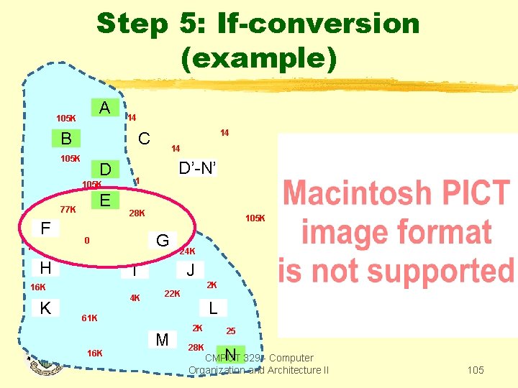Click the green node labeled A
click(104, 108)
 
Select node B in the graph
click(65, 138)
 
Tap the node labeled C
click(144, 138)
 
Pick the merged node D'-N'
click(197, 168)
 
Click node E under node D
click(104, 200)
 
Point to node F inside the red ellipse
click(45, 228)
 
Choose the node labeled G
click(163, 241)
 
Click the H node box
click(45, 267)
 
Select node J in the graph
click(190, 271)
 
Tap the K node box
click(45, 307)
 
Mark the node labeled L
click(213, 307)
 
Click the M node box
click(162, 339)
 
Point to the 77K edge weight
click(68, 209)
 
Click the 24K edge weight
click(187, 252)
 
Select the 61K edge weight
click(90, 318)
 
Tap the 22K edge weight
click(172, 293)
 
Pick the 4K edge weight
click(135, 297)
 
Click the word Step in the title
click(131, 23)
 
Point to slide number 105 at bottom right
click(475, 370)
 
